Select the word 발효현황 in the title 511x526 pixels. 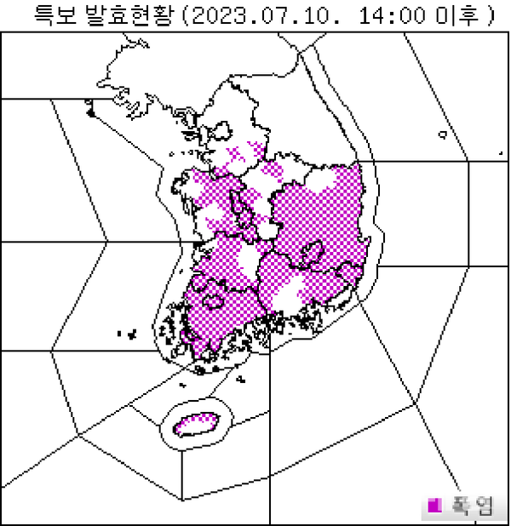[130, 14]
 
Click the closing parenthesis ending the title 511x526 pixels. [490, 14]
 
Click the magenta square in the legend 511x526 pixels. [434, 506]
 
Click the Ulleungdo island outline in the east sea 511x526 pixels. [443, 134]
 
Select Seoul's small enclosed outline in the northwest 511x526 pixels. [223, 132]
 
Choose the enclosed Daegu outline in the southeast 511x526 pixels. [312, 252]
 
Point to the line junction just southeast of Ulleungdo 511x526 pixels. [468, 160]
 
